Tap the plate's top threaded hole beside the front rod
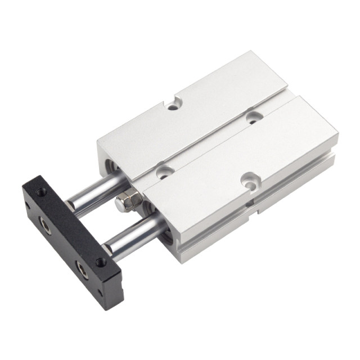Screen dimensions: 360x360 tap(101, 262)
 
